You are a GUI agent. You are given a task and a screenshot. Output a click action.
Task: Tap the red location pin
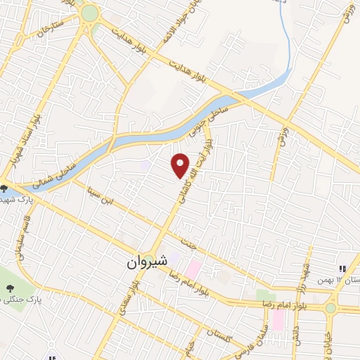tap(181, 166)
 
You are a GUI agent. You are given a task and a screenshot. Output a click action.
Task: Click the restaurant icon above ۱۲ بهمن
tap(342, 268)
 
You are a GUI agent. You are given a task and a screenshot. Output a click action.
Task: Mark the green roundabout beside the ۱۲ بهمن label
tap(330, 308)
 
